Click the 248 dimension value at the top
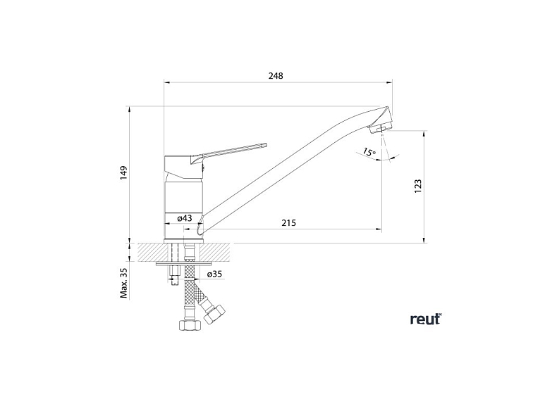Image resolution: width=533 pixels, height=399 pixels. point(276,77)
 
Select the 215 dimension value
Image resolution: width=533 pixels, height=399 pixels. point(288,223)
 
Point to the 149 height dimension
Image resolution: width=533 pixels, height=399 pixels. point(123,172)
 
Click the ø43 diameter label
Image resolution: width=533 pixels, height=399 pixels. point(185,218)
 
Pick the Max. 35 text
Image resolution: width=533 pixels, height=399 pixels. point(123,282)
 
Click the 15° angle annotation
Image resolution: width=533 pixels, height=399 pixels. point(369,152)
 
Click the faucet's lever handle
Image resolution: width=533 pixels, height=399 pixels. point(233,150)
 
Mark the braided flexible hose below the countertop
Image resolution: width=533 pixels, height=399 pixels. point(190,289)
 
